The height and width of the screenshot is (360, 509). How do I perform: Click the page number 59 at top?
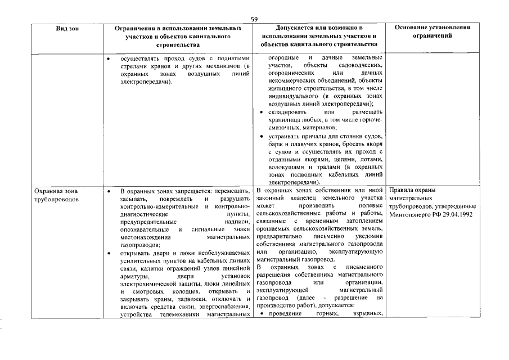click(254, 19)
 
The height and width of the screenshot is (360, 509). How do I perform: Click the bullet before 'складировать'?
click(261, 113)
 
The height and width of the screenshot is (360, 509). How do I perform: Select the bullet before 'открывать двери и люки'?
click(109, 253)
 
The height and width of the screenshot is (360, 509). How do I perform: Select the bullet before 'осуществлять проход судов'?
click(109, 58)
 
